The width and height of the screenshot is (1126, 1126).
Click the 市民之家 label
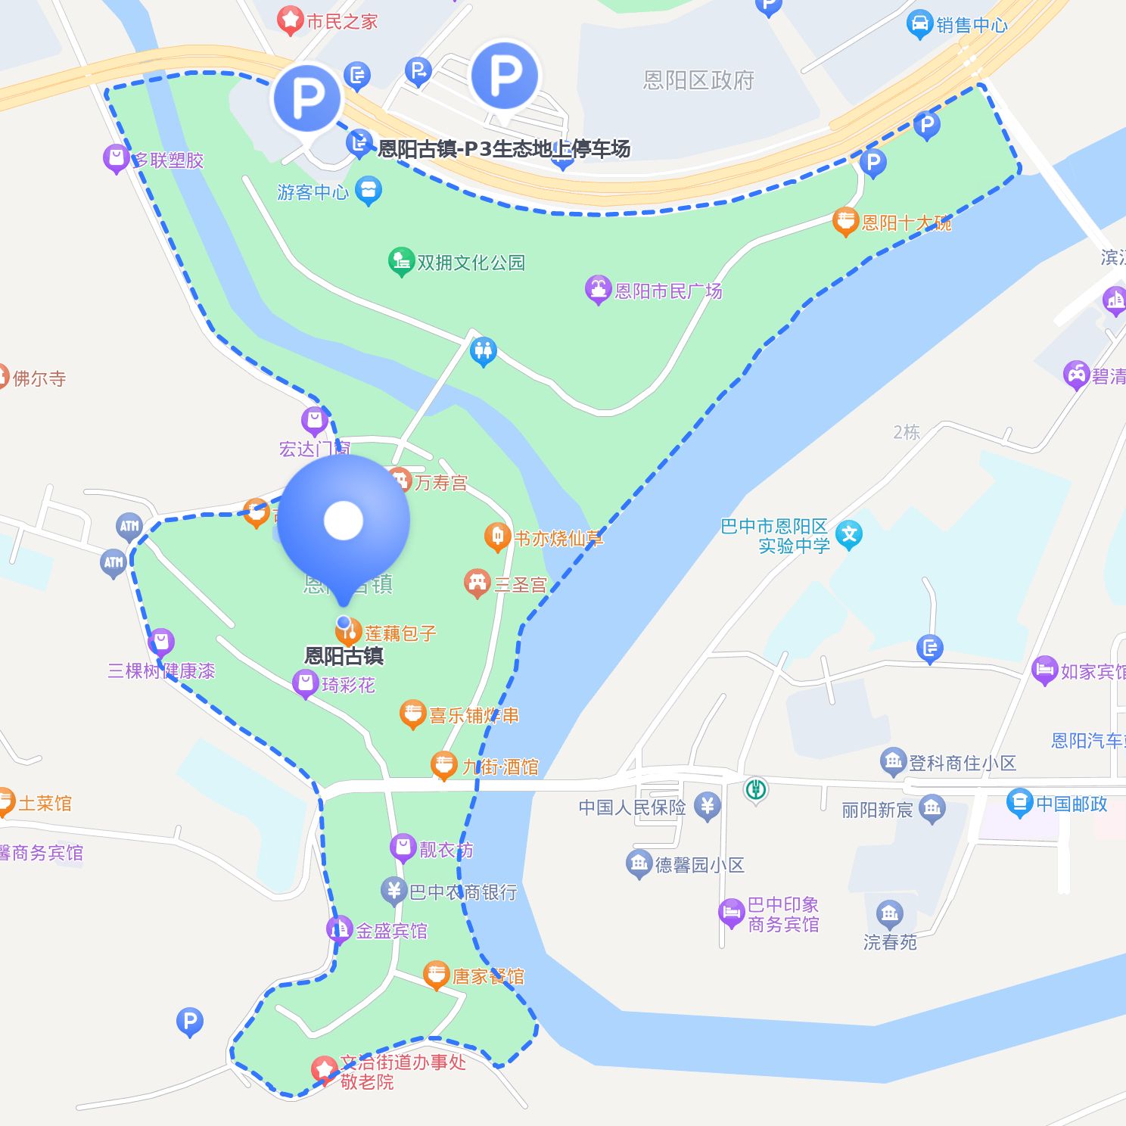click(x=342, y=21)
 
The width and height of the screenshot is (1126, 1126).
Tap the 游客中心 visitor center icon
click(x=369, y=191)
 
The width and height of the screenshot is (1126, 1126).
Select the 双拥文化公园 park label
click(x=471, y=263)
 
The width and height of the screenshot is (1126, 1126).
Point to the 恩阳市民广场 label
click(x=668, y=291)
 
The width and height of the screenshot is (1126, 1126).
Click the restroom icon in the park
click(x=483, y=351)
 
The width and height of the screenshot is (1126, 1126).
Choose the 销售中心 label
click(x=972, y=25)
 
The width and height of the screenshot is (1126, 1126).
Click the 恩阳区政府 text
click(x=698, y=80)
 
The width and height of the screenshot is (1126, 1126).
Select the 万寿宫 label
click(x=441, y=483)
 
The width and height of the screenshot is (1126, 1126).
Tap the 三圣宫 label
click(x=520, y=585)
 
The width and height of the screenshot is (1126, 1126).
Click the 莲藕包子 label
click(x=400, y=633)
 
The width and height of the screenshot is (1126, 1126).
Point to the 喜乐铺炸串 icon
click(x=412, y=714)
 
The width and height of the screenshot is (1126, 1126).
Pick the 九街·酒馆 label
click(x=500, y=767)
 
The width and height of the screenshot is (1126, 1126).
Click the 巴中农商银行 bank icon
click(x=393, y=891)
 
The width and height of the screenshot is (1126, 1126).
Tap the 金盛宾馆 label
click(x=391, y=931)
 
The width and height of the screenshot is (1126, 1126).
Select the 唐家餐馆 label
click(x=488, y=976)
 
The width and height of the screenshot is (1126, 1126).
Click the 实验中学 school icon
click(x=849, y=534)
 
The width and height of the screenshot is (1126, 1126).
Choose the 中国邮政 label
click(x=1072, y=804)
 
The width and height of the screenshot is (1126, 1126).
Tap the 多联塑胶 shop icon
click(x=116, y=158)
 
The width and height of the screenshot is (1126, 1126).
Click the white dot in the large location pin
click(x=344, y=521)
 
